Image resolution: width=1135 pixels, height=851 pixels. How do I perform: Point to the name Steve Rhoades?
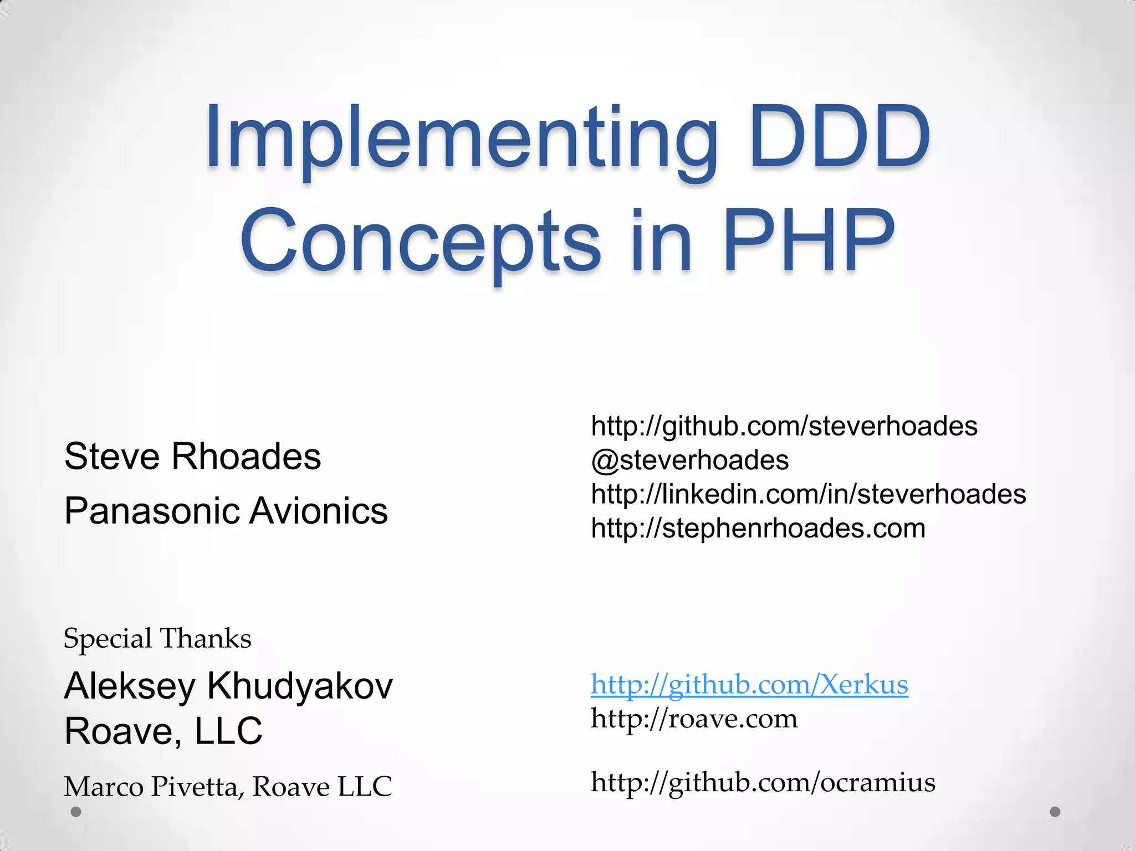pos(192,457)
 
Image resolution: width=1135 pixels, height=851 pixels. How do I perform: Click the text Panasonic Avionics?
pos(226,510)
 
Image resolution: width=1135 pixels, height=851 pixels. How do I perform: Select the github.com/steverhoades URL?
pos(784,426)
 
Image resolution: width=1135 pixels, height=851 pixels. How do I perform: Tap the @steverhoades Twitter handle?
pos(690,460)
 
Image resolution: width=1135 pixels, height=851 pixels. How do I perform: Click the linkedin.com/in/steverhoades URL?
pos(809,494)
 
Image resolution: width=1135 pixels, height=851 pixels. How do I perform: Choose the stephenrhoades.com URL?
pos(758,528)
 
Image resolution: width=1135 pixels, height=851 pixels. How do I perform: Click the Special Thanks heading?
pos(157,638)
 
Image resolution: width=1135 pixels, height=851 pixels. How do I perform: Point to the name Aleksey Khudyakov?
pos(228,686)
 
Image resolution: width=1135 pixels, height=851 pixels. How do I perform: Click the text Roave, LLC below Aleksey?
pos(163,731)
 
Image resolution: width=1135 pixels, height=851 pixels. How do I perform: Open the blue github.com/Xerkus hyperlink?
pos(749,685)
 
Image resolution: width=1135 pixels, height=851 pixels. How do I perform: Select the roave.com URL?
pos(694,719)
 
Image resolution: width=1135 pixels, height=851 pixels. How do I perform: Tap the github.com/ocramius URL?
pos(763,782)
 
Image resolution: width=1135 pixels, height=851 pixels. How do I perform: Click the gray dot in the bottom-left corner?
pos(76,812)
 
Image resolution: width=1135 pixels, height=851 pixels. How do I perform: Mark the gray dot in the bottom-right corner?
pos(1055,812)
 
